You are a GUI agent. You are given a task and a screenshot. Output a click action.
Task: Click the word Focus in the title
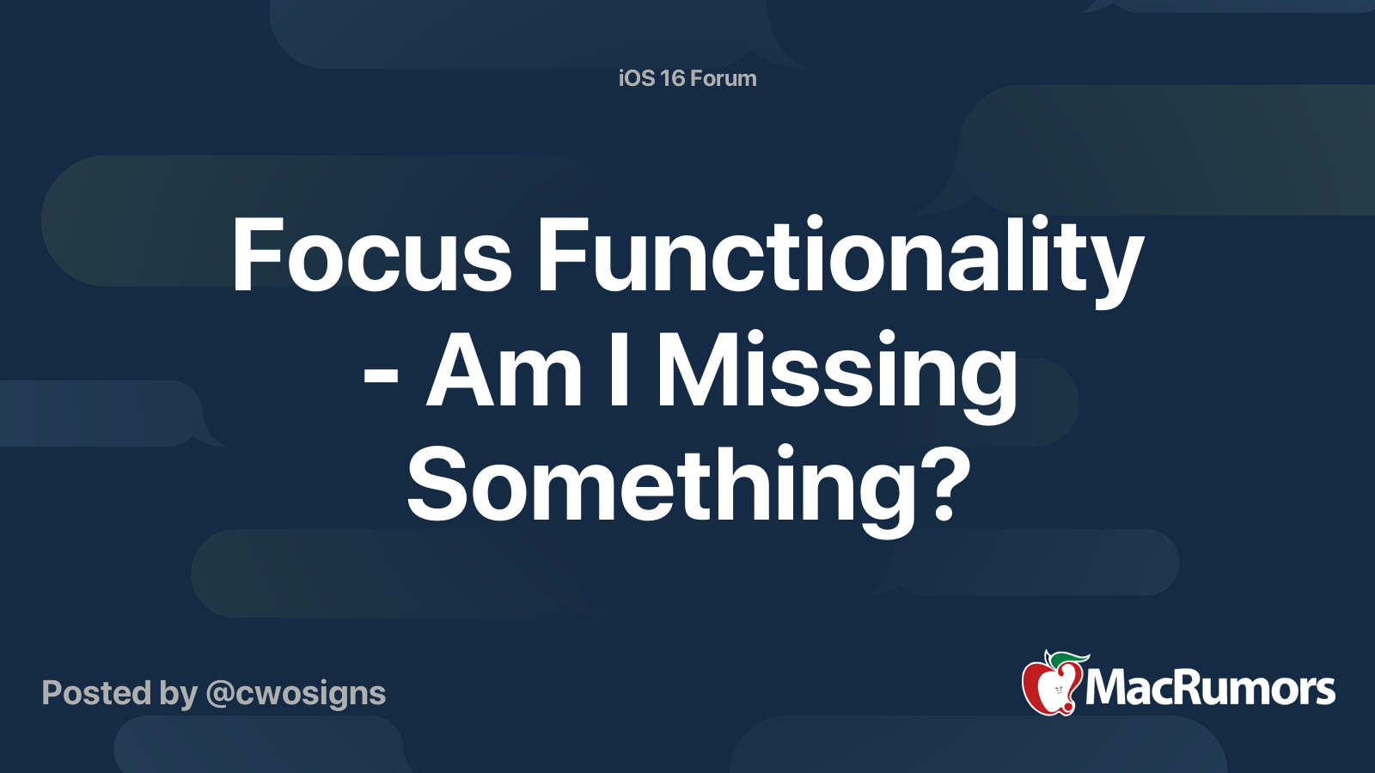pos(371,256)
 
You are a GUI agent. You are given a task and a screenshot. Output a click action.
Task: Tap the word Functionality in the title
pos(840,256)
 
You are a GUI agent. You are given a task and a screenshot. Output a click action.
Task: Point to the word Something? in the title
pos(688,485)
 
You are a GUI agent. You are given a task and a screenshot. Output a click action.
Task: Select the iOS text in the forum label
pos(637,78)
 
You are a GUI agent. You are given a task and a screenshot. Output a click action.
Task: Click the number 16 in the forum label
pos(672,78)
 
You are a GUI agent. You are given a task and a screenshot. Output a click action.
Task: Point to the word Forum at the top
pos(724,78)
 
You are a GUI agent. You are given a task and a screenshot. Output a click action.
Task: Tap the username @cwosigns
pos(296,693)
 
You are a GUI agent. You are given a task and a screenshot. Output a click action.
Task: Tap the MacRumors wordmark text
pos(1210,688)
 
